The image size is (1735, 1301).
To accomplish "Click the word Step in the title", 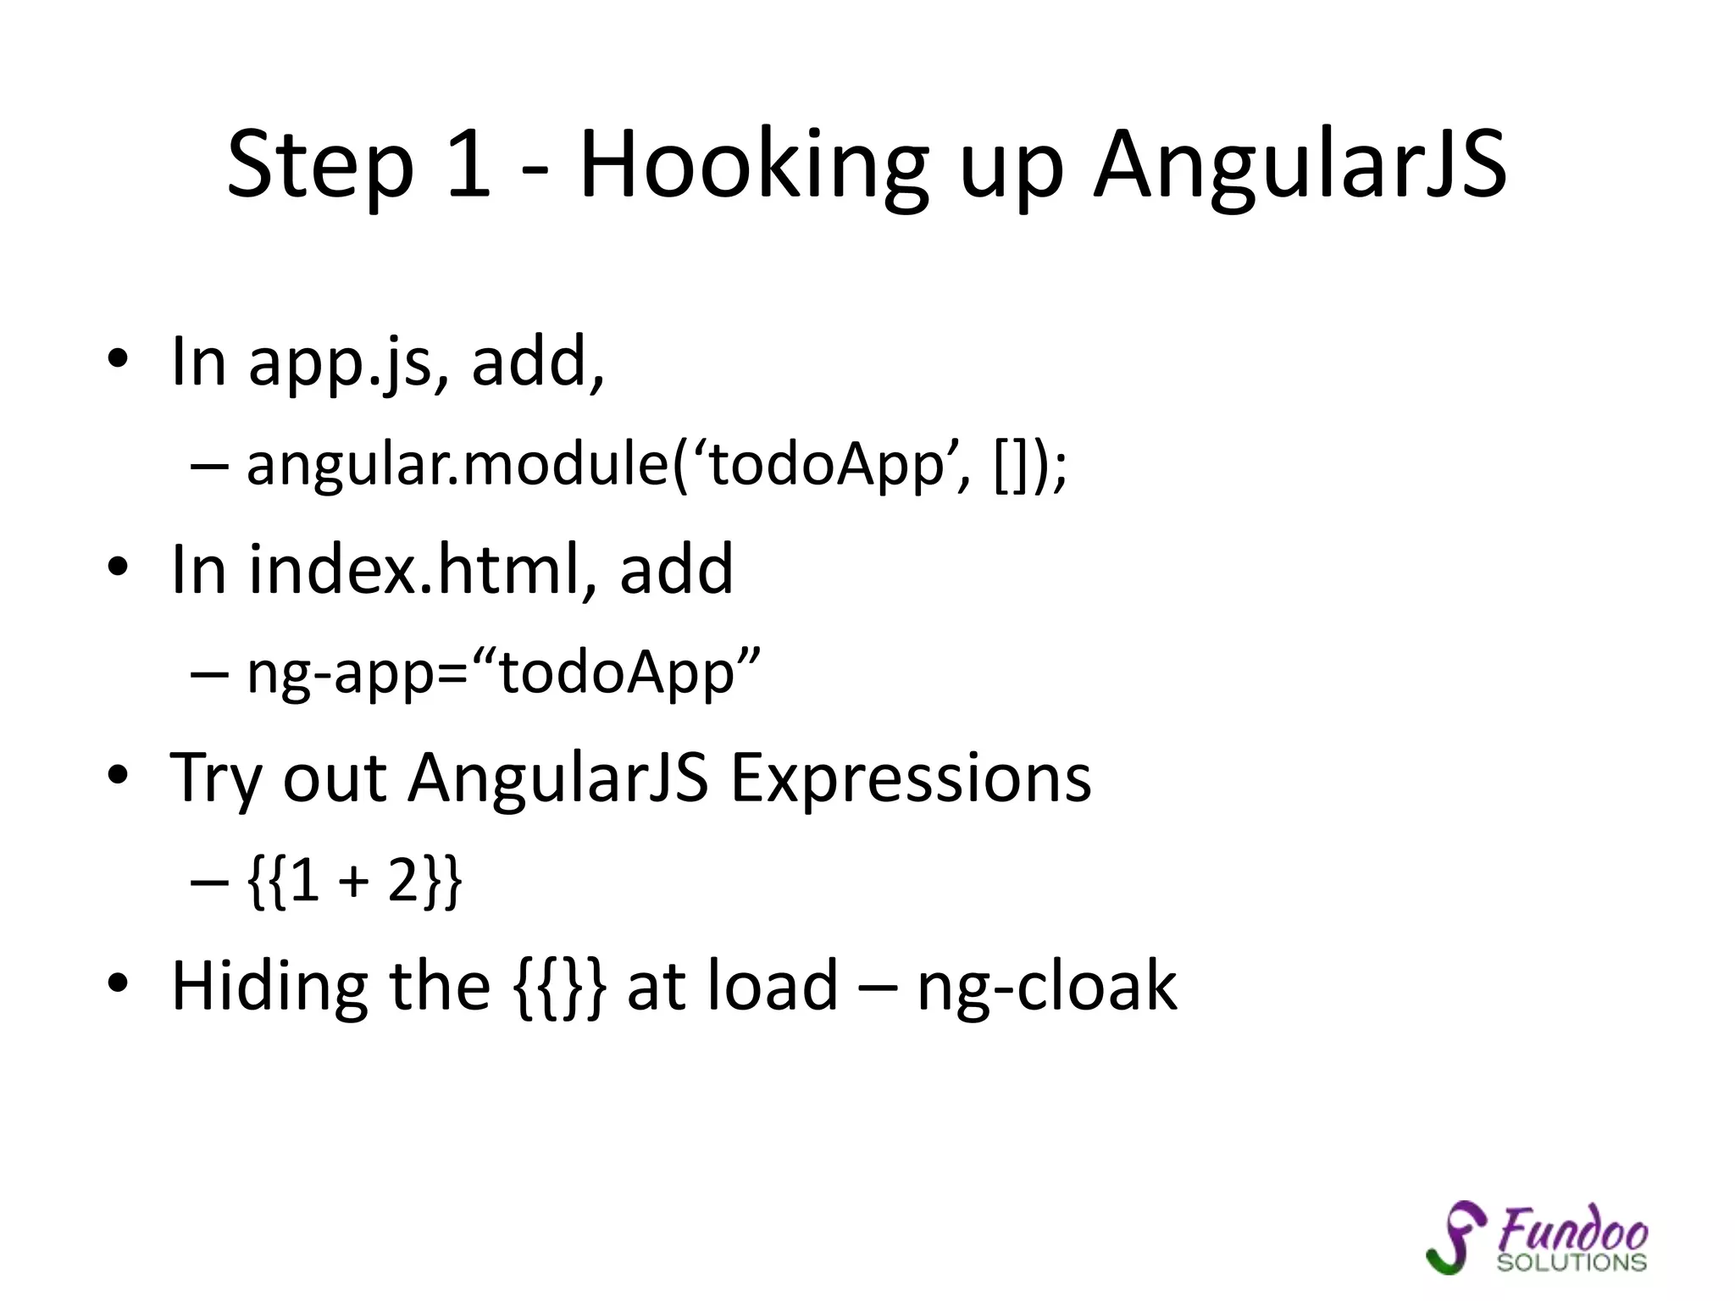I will pyautogui.click(x=320, y=165).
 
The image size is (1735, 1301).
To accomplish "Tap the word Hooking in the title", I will pyautogui.click(x=754, y=165).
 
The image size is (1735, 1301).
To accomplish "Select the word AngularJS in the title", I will pyautogui.click(x=1300, y=165).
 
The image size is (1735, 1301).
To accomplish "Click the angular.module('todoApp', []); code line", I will pyautogui.click(x=657, y=466).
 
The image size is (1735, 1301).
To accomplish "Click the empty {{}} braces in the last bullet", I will pyautogui.click(x=560, y=987).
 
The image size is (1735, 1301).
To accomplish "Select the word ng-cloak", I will pyautogui.click(x=1046, y=988).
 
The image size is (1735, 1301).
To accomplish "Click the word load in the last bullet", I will pyautogui.click(x=773, y=986).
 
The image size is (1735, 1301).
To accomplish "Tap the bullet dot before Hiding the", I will pyautogui.click(x=118, y=983).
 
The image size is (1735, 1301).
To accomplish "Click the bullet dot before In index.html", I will pyautogui.click(x=118, y=565).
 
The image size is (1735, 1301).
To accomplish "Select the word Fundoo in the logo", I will pyautogui.click(x=1572, y=1229).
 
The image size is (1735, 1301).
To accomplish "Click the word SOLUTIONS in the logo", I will pyautogui.click(x=1571, y=1263).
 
